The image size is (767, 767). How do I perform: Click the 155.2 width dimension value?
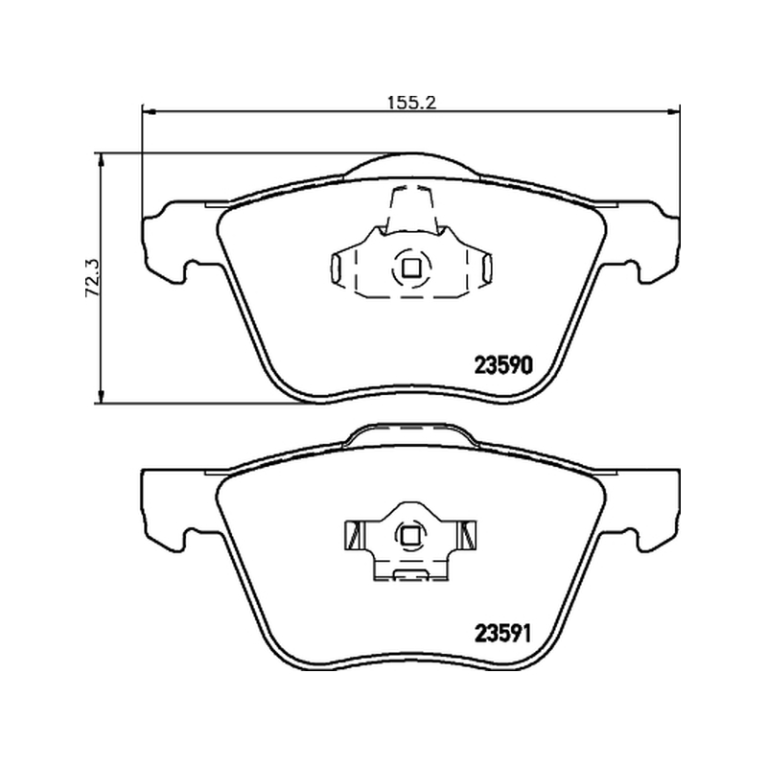(411, 103)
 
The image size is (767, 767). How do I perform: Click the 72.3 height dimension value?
(92, 278)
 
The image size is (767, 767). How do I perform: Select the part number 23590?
(502, 365)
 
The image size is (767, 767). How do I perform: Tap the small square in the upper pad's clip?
(411, 267)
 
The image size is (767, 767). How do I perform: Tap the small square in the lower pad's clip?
(409, 537)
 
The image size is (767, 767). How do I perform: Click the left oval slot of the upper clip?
(337, 268)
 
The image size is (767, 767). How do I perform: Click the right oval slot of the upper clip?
(487, 268)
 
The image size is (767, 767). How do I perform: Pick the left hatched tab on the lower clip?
(354, 536)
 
